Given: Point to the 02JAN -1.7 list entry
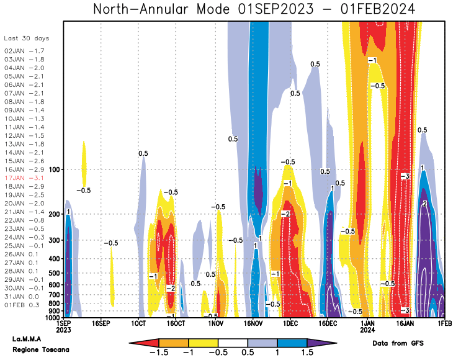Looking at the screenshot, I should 24,50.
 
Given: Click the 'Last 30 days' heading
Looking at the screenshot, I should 26,38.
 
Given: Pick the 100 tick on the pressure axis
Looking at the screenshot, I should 53,169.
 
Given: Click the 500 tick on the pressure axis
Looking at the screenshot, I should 53,272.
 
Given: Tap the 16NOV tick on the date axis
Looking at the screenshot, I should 253,324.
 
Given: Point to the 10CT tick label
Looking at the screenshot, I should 138,324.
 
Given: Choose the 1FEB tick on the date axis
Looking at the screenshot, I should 443,324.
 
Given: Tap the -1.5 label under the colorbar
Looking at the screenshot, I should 159,352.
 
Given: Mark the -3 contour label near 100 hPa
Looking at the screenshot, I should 405,177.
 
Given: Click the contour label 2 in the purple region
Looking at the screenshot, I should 424,204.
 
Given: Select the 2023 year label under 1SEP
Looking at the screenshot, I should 63,331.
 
